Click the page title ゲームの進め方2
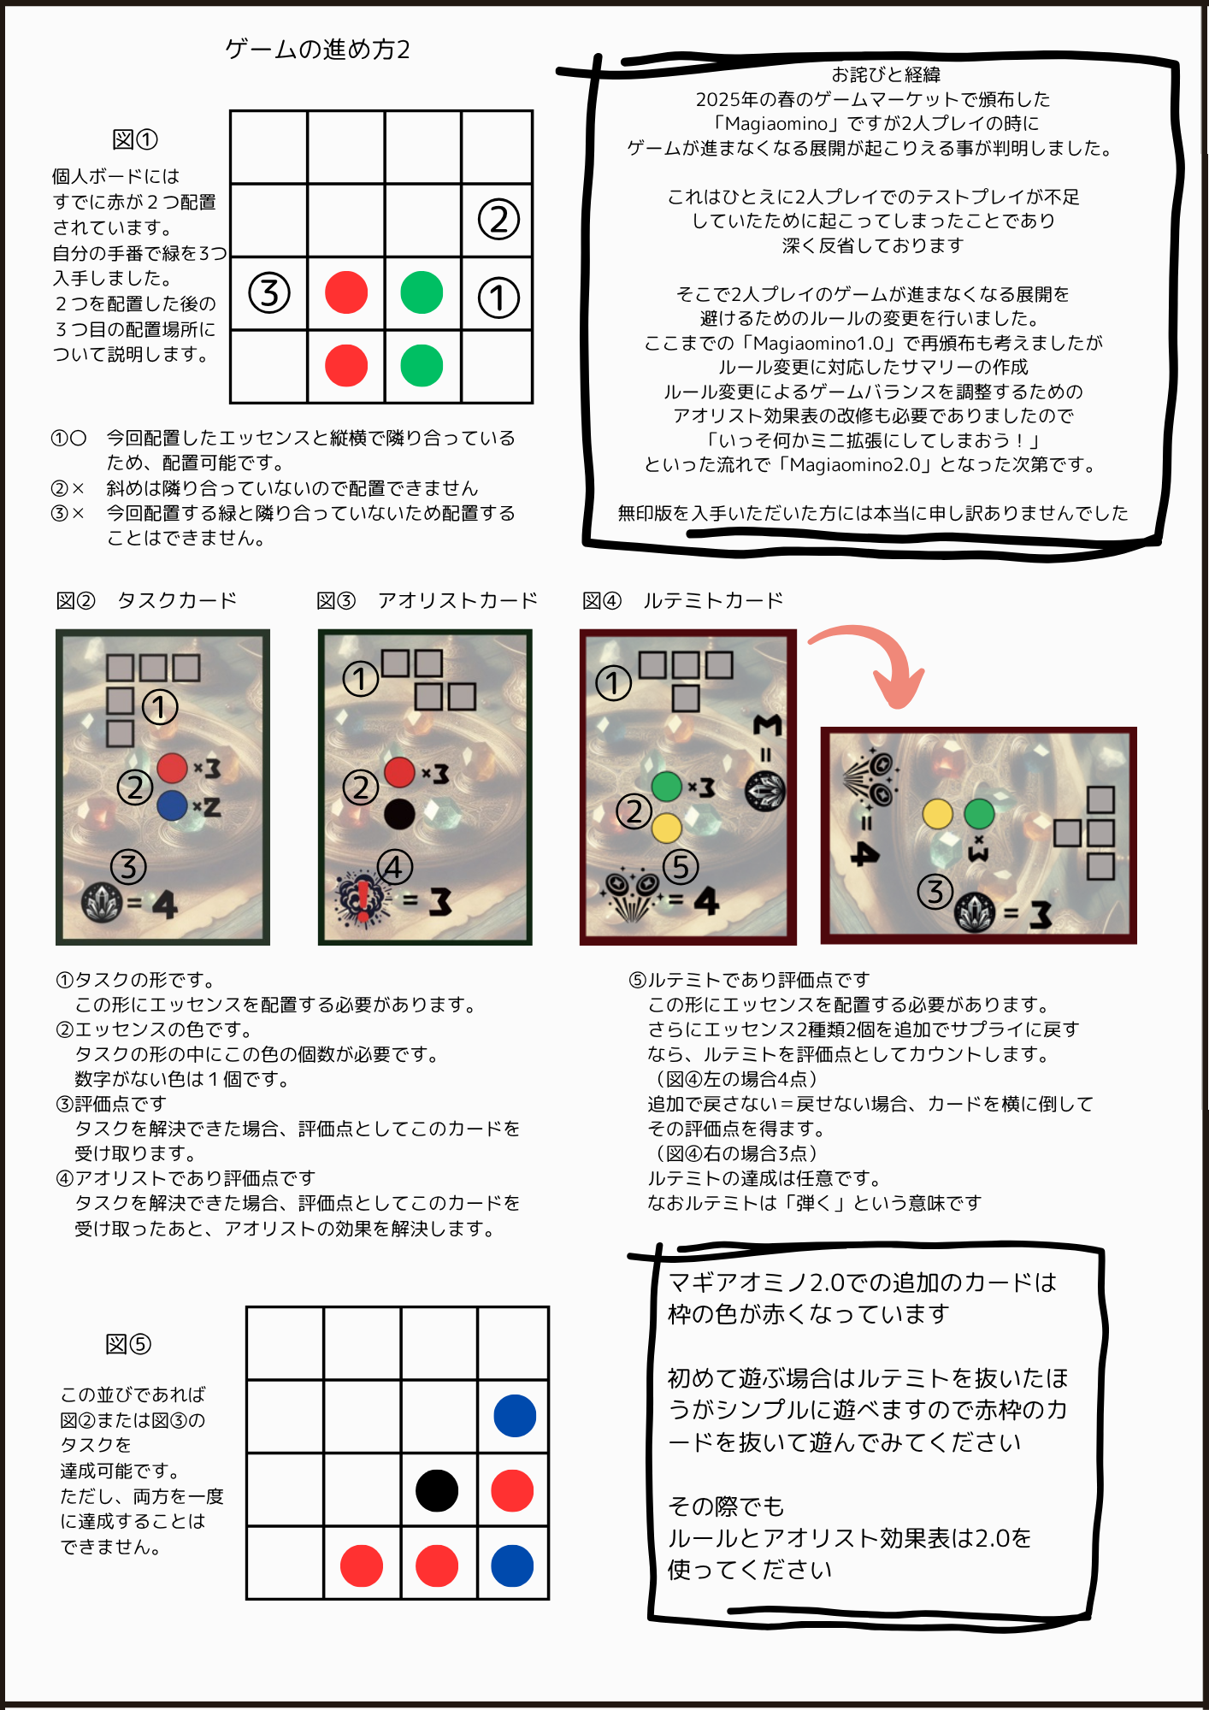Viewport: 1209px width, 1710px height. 318,50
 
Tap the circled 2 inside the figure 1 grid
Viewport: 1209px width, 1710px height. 498,219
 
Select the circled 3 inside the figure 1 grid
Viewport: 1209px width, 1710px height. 269,293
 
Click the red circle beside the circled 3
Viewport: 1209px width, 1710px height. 346,292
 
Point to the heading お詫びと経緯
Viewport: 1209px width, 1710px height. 886,75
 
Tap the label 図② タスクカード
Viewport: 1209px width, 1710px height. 146,600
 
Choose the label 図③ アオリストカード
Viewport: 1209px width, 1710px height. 427,600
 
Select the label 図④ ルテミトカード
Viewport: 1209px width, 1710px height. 682,600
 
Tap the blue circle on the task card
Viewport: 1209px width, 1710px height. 173,805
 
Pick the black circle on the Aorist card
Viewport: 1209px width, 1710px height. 399,813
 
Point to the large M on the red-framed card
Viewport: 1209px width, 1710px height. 767,725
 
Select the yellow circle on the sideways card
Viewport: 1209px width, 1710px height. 938,814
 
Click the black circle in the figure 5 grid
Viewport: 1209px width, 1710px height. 437,1491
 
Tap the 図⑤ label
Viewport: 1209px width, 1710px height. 128,1344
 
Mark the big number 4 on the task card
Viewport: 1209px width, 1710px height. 164,904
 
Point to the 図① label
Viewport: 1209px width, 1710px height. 135,139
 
